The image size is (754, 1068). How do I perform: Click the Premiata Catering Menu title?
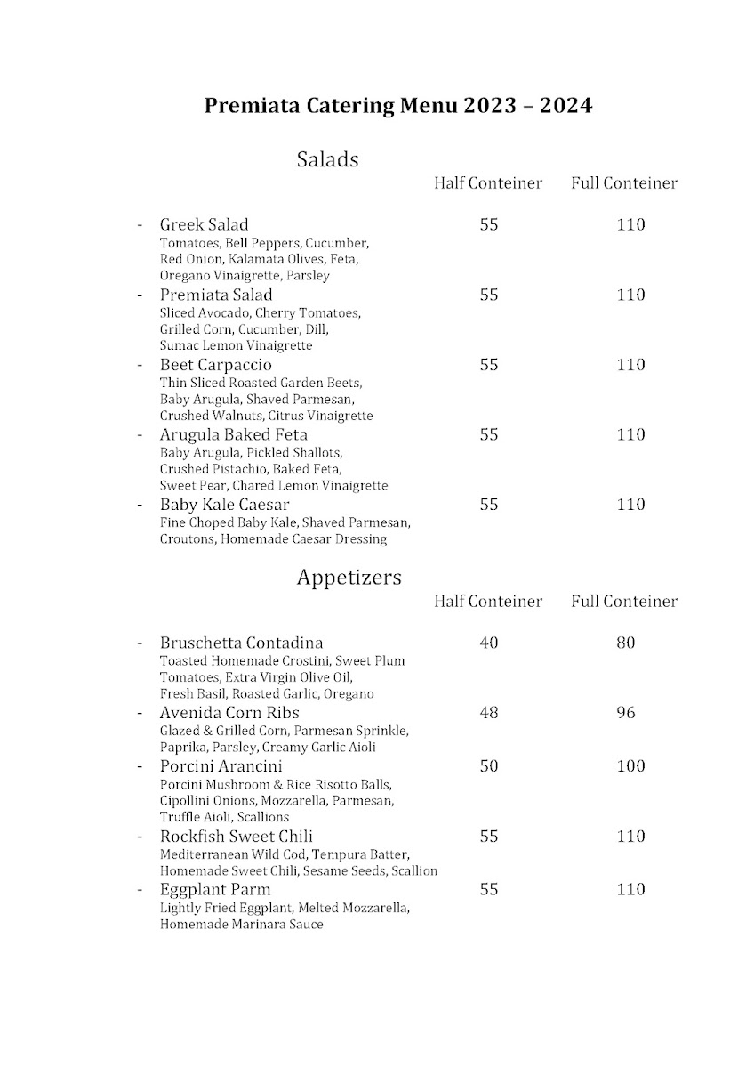(x=398, y=106)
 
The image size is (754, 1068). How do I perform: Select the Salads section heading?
(x=327, y=159)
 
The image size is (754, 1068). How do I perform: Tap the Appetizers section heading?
(x=349, y=578)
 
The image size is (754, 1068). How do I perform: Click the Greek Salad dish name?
(x=204, y=224)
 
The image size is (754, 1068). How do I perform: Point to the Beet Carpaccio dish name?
(x=215, y=365)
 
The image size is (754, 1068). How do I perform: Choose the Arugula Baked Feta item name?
(x=233, y=435)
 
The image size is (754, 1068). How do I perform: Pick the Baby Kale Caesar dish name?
(x=224, y=506)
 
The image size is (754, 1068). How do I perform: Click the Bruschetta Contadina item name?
(x=241, y=643)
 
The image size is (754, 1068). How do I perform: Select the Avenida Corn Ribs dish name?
(x=229, y=713)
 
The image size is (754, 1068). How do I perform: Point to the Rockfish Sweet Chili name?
(x=236, y=837)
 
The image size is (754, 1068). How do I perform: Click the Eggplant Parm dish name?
(x=215, y=889)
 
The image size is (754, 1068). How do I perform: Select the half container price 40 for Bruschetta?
(x=488, y=643)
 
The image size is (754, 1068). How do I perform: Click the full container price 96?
(x=626, y=713)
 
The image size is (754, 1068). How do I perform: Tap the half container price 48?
(x=488, y=713)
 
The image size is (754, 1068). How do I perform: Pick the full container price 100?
(x=630, y=766)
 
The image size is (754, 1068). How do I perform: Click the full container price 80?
(x=626, y=643)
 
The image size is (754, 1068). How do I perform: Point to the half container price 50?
(x=488, y=766)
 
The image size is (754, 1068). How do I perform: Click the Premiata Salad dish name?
(x=216, y=295)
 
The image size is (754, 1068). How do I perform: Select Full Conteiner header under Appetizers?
(x=624, y=602)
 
